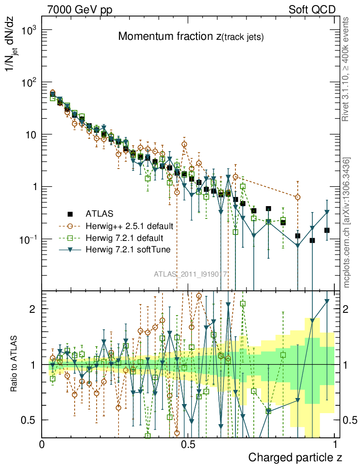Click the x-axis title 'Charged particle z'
point(295,457)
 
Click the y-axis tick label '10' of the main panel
point(30,135)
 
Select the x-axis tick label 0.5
point(188,444)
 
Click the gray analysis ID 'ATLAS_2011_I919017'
point(191,274)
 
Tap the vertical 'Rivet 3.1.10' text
point(346,69)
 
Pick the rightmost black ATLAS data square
point(327,230)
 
